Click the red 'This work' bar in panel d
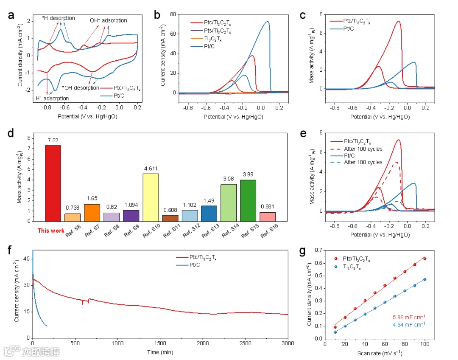click(x=53, y=183)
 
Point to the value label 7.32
click(x=53, y=140)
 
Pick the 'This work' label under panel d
click(x=51, y=231)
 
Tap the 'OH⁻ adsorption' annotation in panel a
click(x=108, y=20)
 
